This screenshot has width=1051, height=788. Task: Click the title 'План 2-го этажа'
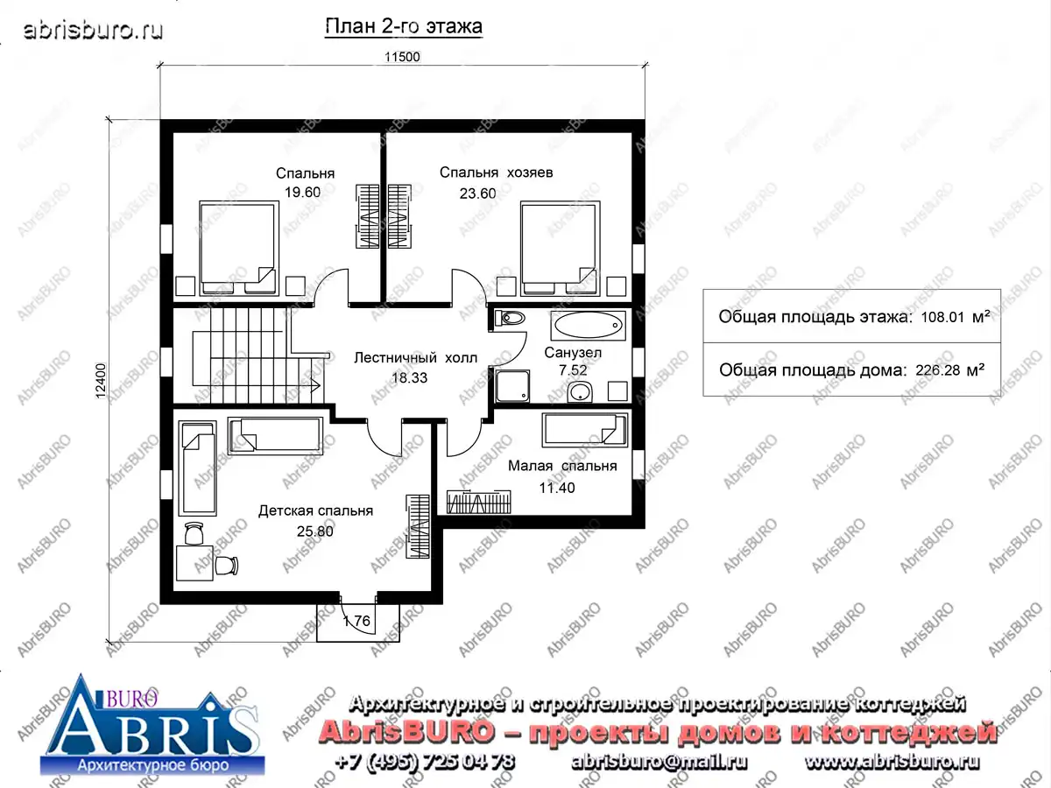pyautogui.click(x=403, y=26)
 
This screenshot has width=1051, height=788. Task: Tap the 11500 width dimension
pyautogui.click(x=402, y=57)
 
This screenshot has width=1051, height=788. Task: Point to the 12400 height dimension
pyautogui.click(x=100, y=381)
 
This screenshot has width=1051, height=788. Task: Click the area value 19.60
pyautogui.click(x=303, y=193)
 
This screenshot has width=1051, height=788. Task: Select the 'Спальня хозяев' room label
pyautogui.click(x=496, y=172)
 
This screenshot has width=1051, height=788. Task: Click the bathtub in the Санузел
pyautogui.click(x=588, y=326)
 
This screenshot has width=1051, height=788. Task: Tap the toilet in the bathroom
pyautogui.click(x=510, y=318)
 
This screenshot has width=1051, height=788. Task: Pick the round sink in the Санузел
pyautogui.click(x=580, y=392)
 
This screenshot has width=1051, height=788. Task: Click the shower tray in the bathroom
pyautogui.click(x=512, y=385)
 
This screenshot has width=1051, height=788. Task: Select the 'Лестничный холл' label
pyautogui.click(x=416, y=358)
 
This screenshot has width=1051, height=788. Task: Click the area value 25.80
pyautogui.click(x=315, y=531)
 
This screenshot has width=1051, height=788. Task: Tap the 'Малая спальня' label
pyautogui.click(x=562, y=466)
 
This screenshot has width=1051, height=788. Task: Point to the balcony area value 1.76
pyautogui.click(x=356, y=621)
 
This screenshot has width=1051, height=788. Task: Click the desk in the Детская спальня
pyautogui.click(x=194, y=563)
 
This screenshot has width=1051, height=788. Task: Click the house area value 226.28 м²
pyautogui.click(x=950, y=370)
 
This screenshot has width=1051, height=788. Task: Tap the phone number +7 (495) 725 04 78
pyautogui.click(x=425, y=761)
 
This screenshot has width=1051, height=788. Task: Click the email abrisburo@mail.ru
pyautogui.click(x=659, y=762)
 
